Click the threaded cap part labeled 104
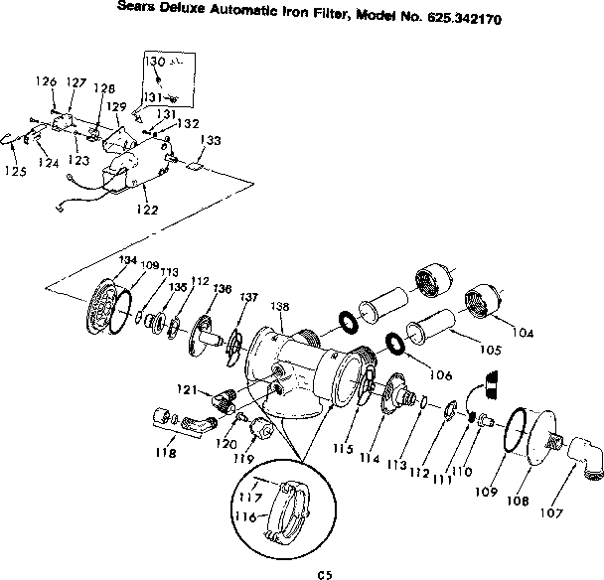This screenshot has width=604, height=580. coord(480,299)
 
